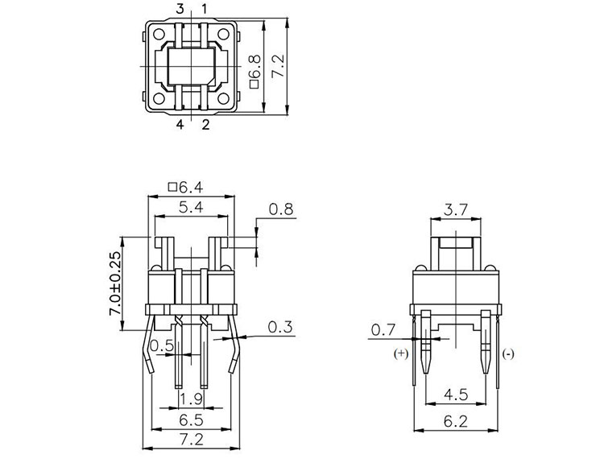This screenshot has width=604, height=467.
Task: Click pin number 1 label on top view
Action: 205,9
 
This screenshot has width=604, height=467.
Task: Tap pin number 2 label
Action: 205,124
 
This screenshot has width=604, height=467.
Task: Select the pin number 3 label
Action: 180,9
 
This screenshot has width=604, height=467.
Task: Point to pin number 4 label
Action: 180,124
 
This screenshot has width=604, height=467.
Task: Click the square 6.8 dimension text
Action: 255,72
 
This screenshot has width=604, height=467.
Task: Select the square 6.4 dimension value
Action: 186,188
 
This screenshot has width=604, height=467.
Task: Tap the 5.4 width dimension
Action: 191,208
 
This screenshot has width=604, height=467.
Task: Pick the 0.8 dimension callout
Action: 281,209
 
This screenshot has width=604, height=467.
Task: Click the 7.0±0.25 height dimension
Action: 115,283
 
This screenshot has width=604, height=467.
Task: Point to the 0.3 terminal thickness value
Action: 280,327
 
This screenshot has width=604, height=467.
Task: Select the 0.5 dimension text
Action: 162,345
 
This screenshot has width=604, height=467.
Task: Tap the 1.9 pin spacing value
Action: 192,399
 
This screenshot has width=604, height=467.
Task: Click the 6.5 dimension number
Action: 192,420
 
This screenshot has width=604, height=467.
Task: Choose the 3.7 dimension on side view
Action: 456,210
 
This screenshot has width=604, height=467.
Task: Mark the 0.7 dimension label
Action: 383,329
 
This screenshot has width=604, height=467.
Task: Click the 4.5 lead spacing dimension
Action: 456,395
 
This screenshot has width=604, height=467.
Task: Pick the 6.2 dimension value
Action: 456,422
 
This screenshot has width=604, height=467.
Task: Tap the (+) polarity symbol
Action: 401,353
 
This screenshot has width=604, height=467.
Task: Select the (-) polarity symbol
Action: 508,353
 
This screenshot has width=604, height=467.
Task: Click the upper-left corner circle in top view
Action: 159,34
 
